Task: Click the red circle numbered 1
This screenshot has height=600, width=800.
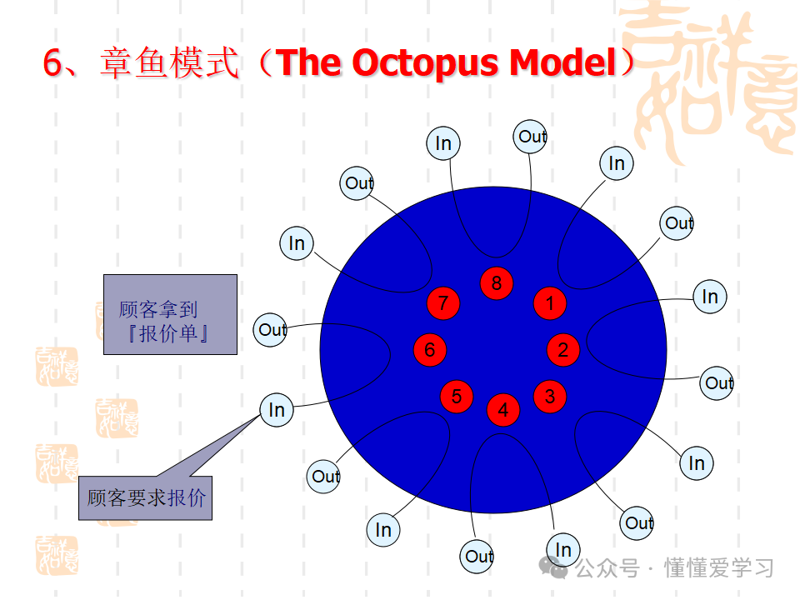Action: tap(550, 303)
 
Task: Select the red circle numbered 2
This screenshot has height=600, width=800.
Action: tap(563, 349)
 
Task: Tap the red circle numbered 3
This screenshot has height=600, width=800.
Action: tap(550, 397)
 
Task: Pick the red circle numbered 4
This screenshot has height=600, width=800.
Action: tap(503, 409)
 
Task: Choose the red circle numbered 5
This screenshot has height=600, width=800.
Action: tap(457, 397)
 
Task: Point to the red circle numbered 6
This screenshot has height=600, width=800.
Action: tap(430, 349)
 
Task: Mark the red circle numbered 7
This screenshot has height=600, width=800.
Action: tap(443, 303)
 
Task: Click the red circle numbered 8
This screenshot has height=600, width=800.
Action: tap(497, 283)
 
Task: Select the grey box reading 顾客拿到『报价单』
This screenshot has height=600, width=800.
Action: tap(170, 314)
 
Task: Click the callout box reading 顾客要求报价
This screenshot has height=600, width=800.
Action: tap(145, 498)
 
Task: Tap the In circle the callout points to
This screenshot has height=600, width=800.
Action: tap(277, 410)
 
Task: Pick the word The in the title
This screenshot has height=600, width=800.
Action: tap(307, 63)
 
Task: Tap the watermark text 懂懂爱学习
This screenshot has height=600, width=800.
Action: tap(719, 568)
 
